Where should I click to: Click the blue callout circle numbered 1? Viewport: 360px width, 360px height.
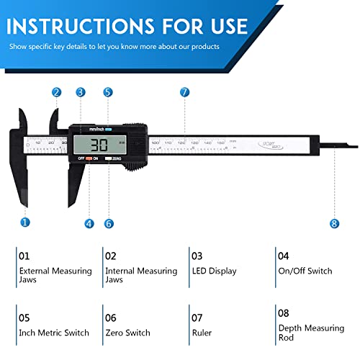(25, 222)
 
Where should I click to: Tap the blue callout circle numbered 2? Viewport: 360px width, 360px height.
(56, 92)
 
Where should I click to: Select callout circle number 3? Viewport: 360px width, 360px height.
(80, 92)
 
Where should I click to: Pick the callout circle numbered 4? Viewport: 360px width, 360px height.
(89, 223)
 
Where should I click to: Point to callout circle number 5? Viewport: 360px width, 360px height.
(108, 92)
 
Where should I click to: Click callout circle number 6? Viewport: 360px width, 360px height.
(109, 223)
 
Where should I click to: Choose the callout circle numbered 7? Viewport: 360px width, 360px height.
(184, 92)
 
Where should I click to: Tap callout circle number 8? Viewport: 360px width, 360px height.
(334, 223)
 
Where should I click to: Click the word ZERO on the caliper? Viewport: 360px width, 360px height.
(117, 158)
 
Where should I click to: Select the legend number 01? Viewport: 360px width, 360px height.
(24, 256)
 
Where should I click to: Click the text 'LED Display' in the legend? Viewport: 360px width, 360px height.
(213, 271)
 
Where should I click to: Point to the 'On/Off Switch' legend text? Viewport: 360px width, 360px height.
(305, 271)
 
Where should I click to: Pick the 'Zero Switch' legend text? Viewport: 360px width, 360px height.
(127, 333)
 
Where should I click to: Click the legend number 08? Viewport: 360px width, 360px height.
(284, 314)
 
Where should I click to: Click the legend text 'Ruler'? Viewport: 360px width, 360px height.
(202, 333)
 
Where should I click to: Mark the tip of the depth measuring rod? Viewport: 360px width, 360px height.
(356, 147)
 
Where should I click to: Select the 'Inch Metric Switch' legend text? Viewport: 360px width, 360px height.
(54, 333)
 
